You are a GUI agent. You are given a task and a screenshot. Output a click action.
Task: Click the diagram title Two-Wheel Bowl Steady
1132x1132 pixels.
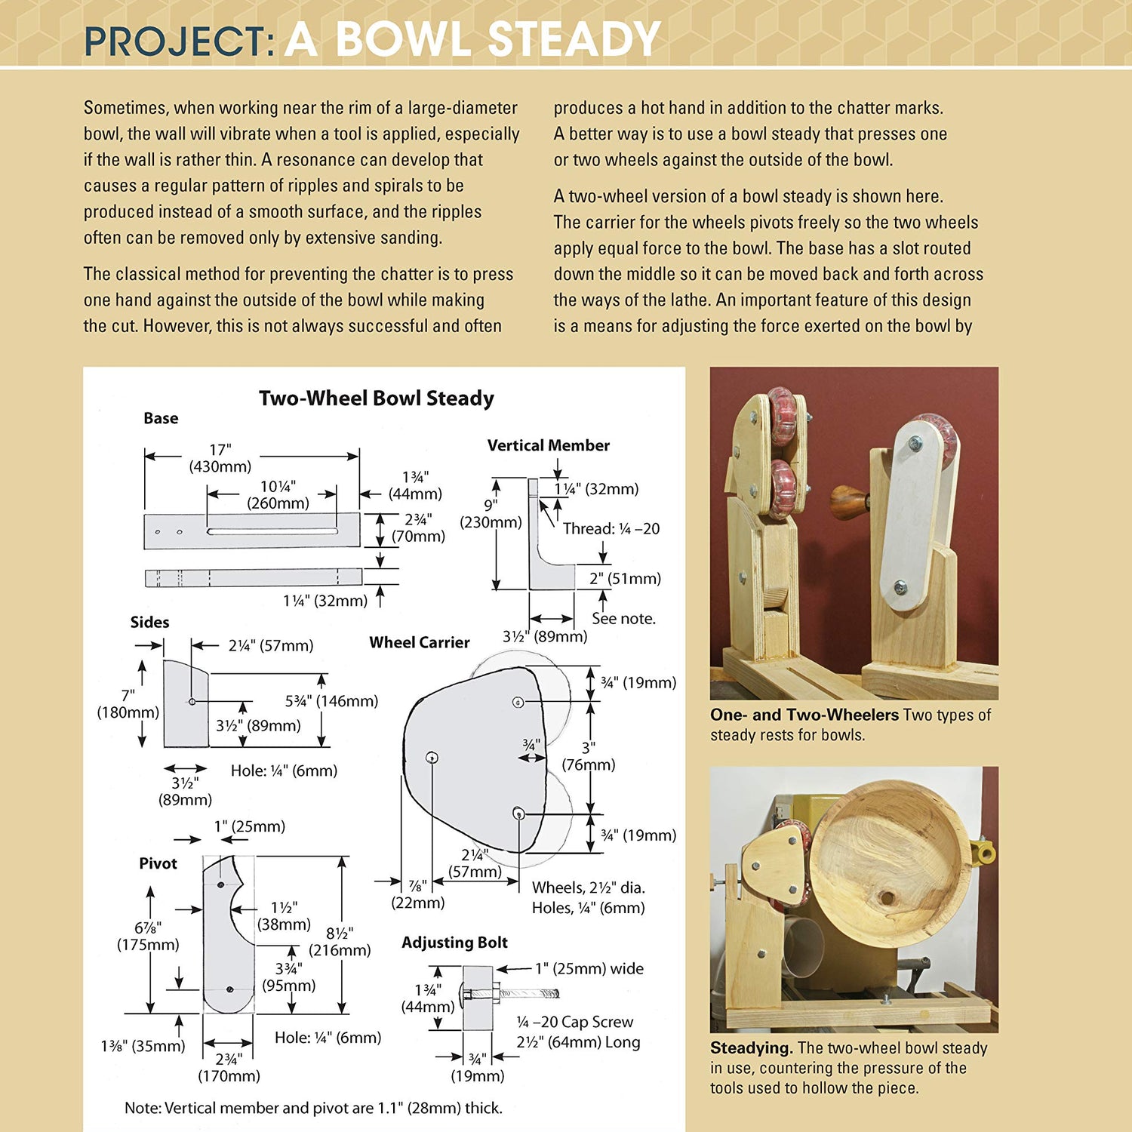[376, 398]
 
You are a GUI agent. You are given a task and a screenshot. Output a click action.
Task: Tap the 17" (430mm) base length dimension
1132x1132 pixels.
[220, 458]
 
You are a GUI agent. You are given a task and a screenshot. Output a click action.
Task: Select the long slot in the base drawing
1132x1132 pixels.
[272, 531]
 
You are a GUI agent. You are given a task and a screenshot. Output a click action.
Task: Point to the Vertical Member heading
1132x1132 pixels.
[548, 445]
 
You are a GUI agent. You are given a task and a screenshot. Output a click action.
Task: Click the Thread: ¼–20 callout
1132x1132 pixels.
[611, 528]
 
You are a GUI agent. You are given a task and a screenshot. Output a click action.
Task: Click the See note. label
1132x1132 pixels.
[623, 618]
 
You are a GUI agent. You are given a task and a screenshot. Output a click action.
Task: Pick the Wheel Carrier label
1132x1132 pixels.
[419, 642]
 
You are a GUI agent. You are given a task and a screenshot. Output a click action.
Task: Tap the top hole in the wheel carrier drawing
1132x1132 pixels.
[518, 702]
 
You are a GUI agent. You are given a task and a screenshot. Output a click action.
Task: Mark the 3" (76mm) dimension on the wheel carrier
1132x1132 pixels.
[589, 755]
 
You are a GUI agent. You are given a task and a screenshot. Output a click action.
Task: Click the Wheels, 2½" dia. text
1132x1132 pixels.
[588, 887]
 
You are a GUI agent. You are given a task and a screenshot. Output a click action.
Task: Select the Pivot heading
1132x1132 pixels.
[158, 863]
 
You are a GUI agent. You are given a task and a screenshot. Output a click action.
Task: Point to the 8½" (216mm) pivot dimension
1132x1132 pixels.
[340, 942]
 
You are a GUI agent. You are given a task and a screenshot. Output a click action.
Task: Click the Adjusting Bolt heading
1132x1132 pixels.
[454, 943]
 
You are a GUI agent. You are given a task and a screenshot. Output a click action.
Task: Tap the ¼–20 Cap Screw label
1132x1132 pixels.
[575, 1022]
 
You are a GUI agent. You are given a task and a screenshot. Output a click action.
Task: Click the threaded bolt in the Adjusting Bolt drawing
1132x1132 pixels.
[528, 993]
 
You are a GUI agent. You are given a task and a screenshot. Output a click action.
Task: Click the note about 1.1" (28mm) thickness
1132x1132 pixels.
[313, 1108]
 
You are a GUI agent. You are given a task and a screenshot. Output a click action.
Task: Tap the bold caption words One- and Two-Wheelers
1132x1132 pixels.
[804, 715]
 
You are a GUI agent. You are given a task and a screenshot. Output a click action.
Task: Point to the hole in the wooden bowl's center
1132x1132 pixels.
[886, 899]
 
